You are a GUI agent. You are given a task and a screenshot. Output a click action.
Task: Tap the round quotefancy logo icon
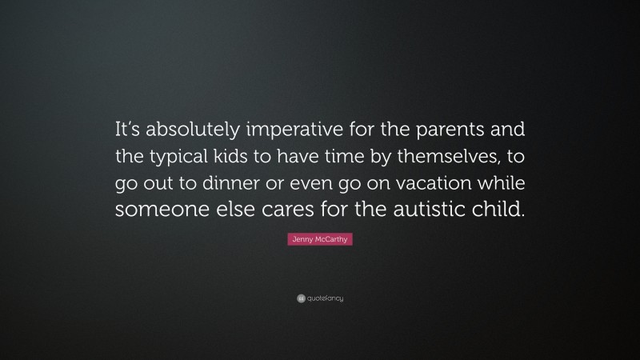pos(300,298)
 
